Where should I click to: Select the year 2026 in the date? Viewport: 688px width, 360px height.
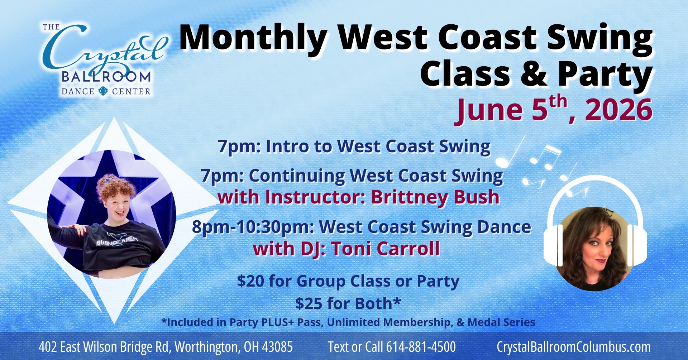point(618,110)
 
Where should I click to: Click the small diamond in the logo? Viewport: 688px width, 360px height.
point(103,91)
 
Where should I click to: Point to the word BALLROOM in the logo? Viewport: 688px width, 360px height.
point(106,77)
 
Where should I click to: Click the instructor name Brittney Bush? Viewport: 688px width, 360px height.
point(435,197)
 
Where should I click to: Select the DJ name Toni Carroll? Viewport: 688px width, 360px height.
point(385,249)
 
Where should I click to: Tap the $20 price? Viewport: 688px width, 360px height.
point(250,281)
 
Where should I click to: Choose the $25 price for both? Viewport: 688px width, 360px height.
point(309,303)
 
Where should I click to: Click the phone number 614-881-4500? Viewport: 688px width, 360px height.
point(421,347)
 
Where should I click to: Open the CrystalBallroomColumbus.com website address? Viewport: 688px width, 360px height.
point(573,347)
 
